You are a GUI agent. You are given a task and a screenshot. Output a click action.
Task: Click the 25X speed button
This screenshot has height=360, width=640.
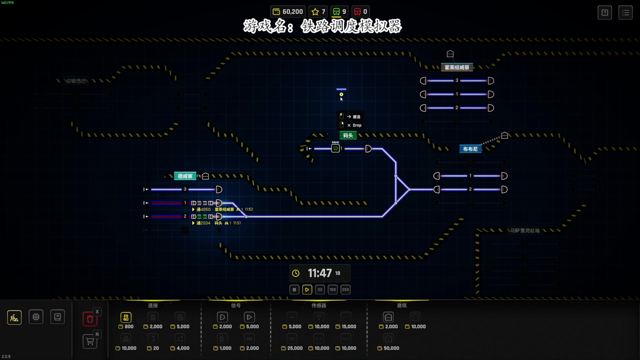[345, 290]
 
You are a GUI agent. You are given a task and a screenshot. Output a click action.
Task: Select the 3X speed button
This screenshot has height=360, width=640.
[320, 290]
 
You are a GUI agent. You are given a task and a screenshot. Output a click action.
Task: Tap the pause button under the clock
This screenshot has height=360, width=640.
[294, 290]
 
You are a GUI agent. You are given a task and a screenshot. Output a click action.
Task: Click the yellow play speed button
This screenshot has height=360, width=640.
[307, 290]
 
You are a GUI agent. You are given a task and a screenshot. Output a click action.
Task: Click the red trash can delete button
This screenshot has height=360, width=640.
[90, 319]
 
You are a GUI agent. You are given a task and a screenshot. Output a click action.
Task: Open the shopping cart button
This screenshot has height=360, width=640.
[90, 342]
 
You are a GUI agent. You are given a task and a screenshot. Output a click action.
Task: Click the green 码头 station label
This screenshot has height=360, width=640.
[348, 135]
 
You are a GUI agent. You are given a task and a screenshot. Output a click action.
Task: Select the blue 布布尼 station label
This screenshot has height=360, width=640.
[470, 149]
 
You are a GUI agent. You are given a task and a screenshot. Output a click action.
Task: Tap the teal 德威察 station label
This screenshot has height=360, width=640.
[185, 176]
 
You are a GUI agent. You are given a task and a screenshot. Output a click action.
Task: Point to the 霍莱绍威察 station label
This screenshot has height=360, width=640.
[457, 67]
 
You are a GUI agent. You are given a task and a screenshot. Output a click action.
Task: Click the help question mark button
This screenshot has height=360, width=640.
[605, 13]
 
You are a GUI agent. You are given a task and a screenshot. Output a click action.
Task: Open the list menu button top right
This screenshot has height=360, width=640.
[625, 13]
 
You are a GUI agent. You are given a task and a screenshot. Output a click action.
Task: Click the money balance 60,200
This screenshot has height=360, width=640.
[288, 12]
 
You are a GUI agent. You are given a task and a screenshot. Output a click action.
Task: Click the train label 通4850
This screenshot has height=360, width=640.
[203, 209]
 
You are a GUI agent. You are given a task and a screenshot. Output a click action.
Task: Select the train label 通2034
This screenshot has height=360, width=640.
[203, 223]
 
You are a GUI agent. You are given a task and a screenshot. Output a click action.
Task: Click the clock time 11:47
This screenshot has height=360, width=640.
[319, 273]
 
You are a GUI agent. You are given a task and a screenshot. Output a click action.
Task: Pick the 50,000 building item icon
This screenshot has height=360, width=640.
[388, 339]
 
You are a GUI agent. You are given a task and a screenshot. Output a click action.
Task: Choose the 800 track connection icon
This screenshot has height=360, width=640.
[126, 317]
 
